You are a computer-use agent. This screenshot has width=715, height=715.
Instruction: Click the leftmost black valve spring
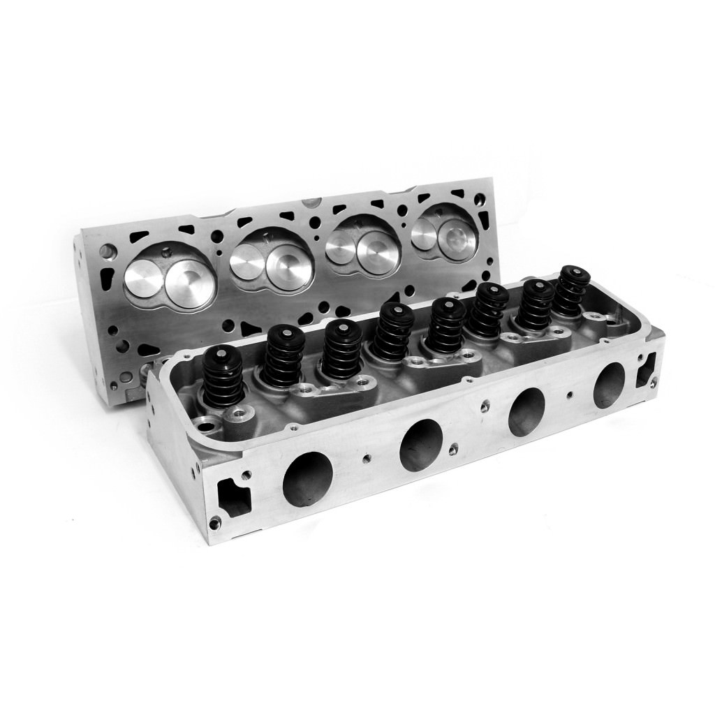click(x=223, y=377)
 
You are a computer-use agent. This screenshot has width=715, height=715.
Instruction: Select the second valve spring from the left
click(x=283, y=356)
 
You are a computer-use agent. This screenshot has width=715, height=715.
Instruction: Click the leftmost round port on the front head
click(x=307, y=478)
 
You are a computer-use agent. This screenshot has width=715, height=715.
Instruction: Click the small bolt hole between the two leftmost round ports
click(x=367, y=459)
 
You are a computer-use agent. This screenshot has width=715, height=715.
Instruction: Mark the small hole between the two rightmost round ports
click(x=570, y=395)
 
